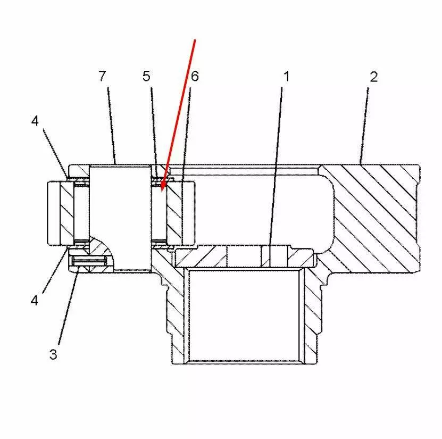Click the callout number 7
[102, 76]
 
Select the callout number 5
[146, 76]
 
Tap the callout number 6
[195, 76]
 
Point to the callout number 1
[286, 77]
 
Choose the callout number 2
[374, 77]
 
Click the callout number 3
[53, 354]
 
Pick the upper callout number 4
[35, 121]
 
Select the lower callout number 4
[35, 300]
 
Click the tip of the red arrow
[162, 192]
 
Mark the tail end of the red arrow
[195, 39]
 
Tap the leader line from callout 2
[364, 126]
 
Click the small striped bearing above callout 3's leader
[89, 261]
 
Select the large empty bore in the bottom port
[244, 315]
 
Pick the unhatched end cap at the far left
[54, 213]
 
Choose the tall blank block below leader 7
[120, 218]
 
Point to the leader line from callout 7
[112, 126]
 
